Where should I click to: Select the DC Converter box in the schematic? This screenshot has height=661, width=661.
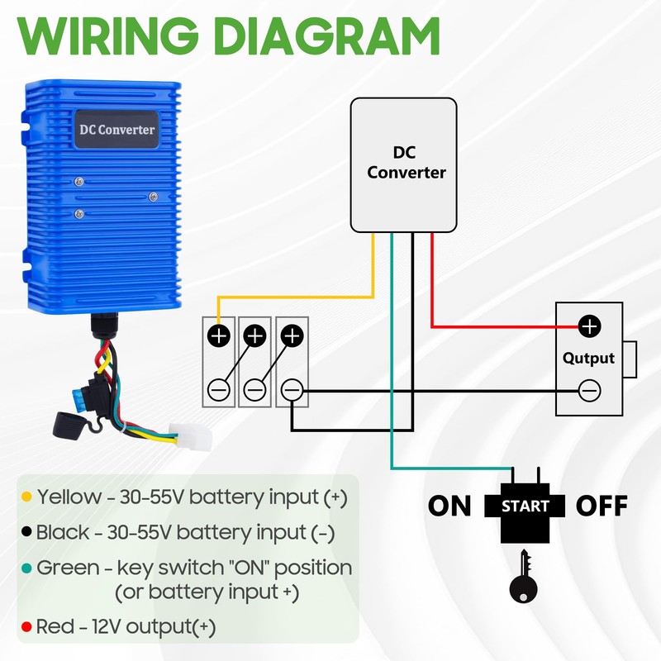pos(404,164)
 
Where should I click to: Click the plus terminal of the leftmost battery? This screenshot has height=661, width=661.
pos(219,336)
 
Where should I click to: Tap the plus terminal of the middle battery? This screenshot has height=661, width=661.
pos(255,336)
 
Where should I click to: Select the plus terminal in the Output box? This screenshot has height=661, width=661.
pos(588,326)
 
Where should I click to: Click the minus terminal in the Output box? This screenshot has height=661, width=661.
pos(588,389)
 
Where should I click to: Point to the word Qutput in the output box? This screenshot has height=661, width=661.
pos(588,358)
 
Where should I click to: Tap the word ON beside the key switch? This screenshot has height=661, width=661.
pos(449,506)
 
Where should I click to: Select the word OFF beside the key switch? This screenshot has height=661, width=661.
pos(602,506)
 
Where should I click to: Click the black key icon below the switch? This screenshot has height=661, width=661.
pos(523,578)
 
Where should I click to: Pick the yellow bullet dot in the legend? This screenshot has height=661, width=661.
pos(26,498)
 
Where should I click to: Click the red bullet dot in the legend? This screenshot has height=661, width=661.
pos(26,627)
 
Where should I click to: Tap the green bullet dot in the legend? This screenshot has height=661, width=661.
pos(26,569)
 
